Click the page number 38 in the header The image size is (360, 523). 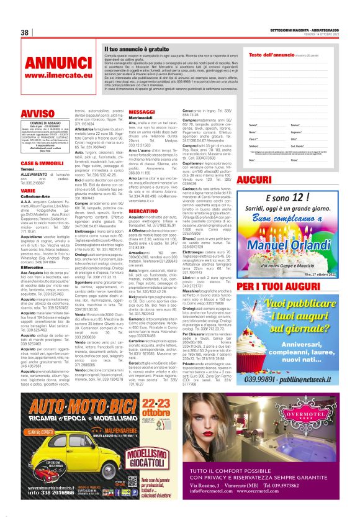pos(25,32)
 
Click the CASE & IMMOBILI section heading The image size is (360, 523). pos(41,162)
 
